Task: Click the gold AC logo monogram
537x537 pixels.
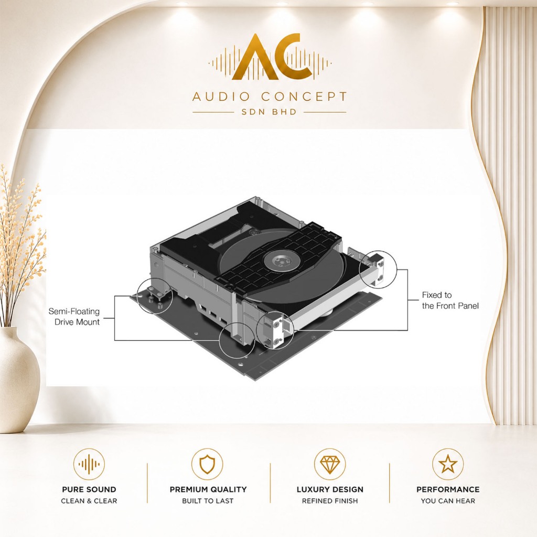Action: pos(272,57)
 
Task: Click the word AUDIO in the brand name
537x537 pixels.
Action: pos(221,96)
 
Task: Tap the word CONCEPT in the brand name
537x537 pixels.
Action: pos(304,96)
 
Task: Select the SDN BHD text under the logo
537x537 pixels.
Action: pos(269,112)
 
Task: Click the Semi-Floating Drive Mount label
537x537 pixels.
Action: pos(74,316)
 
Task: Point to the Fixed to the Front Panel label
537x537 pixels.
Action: pos(450,300)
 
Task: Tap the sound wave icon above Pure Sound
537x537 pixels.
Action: pos(89,464)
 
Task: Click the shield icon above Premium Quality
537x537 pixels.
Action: pos(207,464)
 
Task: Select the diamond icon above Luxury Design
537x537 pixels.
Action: pos(329,464)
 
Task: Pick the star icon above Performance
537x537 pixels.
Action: pos(448,464)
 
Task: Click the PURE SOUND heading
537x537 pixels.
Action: pos(89,489)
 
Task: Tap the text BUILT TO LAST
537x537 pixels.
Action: pos(208,501)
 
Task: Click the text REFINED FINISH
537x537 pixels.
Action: pos(330,501)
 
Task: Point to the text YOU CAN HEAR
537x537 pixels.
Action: pos(448,501)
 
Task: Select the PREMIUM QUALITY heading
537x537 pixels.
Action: pos(208,489)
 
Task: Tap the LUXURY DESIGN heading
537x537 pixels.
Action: pos(330,489)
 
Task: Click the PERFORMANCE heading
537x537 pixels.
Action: pos(448,489)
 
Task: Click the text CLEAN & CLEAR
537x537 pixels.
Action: pos(89,501)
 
